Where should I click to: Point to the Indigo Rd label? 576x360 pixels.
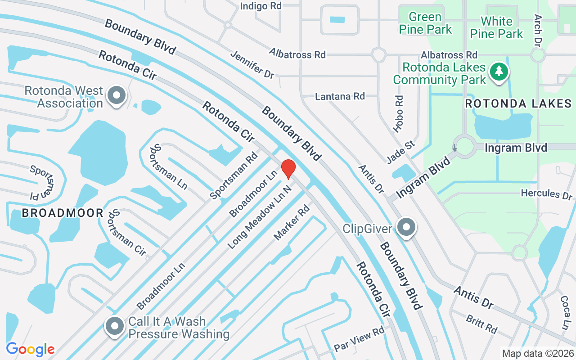pyautogui.click(x=261, y=6)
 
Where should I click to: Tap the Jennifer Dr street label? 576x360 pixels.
pyautogui.click(x=252, y=65)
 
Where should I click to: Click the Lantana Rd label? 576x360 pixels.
pyautogui.click(x=340, y=96)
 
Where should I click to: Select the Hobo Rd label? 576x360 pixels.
pyautogui.click(x=398, y=113)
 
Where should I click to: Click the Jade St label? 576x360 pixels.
pyautogui.click(x=400, y=152)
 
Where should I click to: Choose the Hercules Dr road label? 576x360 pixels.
pyautogui.click(x=546, y=194)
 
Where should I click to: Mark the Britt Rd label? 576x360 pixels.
pyautogui.click(x=481, y=324)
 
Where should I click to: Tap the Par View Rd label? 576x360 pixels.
pyautogui.click(x=359, y=339)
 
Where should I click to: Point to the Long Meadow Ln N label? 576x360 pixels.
pyautogui.click(x=260, y=216)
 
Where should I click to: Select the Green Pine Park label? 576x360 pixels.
pyautogui.click(x=425, y=23)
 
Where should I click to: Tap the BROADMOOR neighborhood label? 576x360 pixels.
pyautogui.click(x=63, y=213)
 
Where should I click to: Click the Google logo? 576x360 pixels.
pyautogui.click(x=30, y=349)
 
